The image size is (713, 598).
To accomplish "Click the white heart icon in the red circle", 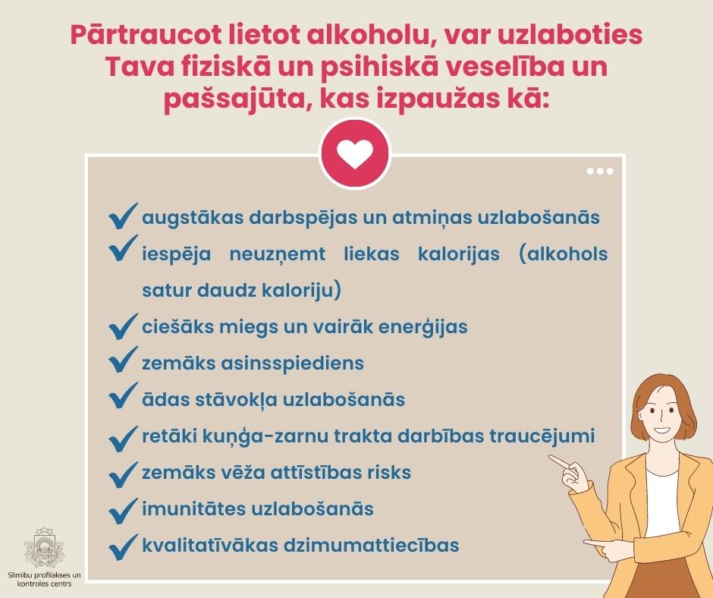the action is pyautogui.click(x=355, y=154).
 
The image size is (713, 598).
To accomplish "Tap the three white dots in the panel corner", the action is pyautogui.click(x=600, y=171).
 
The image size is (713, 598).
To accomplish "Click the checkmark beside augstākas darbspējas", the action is pyautogui.click(x=124, y=216).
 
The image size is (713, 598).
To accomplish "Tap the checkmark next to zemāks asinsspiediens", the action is pyautogui.click(x=124, y=360).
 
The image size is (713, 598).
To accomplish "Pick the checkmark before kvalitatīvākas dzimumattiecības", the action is pyautogui.click(x=124, y=547).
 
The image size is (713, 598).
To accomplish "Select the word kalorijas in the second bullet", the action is pyautogui.click(x=458, y=254).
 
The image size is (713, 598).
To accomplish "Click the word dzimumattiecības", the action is pyautogui.click(x=371, y=545).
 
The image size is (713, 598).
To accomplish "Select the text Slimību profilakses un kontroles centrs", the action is pyautogui.click(x=44, y=579).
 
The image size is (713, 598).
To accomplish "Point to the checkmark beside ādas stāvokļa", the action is pyautogui.click(x=124, y=395).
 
